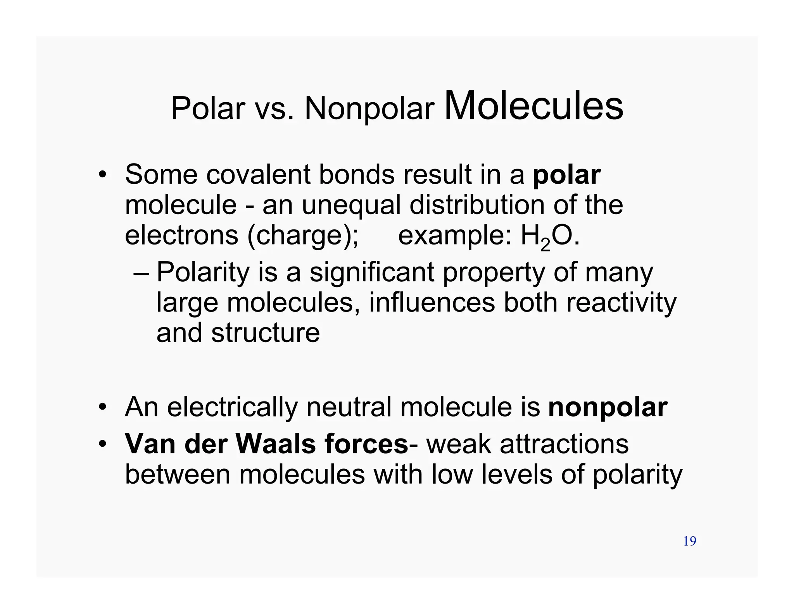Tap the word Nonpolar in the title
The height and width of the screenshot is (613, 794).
369,108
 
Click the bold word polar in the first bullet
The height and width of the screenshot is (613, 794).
566,175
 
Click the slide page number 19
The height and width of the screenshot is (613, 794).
690,541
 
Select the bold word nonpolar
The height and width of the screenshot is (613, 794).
608,408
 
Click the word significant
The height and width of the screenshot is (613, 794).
372,272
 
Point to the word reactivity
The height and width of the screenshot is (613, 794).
621,303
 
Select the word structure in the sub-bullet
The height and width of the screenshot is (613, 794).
266,333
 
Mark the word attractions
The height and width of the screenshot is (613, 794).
564,444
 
